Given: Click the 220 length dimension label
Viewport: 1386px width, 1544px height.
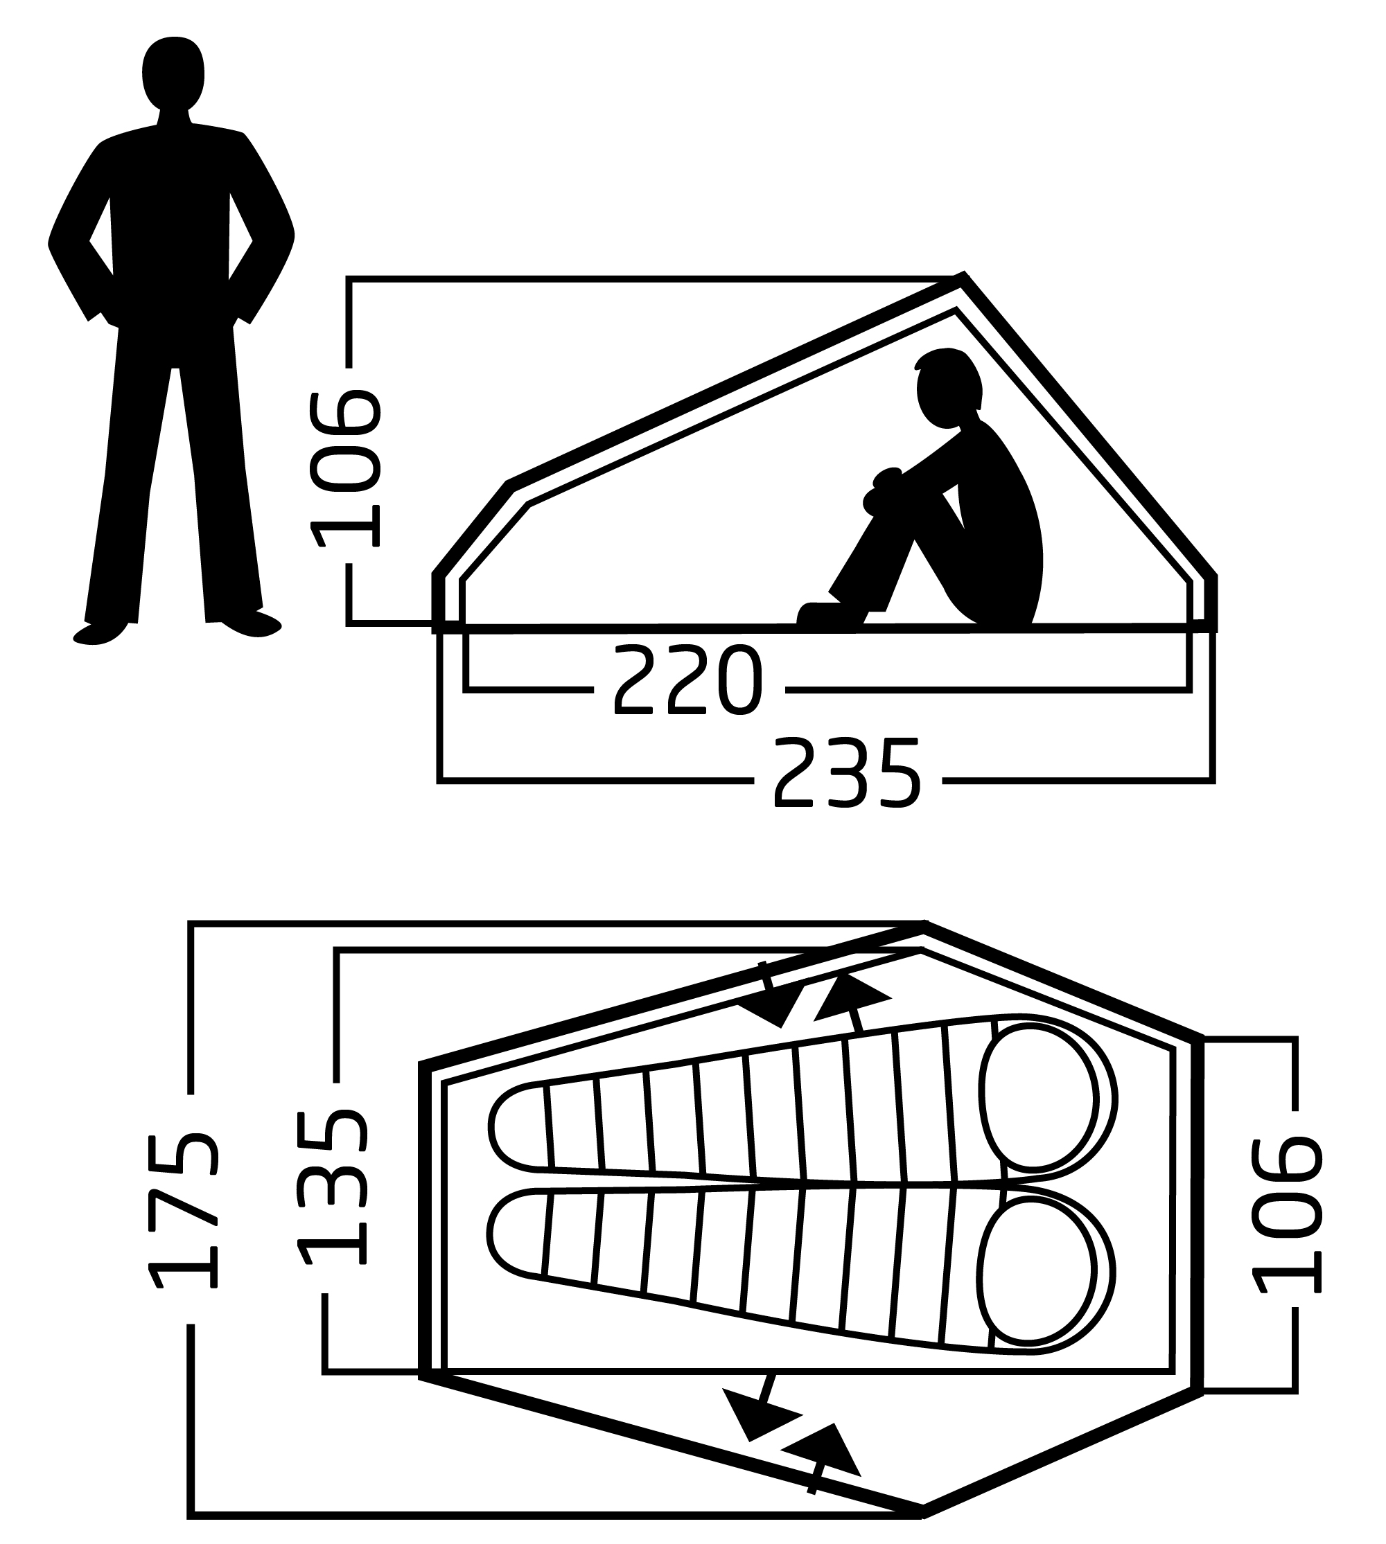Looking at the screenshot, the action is pos(687,680).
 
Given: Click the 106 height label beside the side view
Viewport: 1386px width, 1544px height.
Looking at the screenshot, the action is pos(345,468).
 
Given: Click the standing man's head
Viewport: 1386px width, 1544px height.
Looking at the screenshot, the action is pos(174,73).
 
